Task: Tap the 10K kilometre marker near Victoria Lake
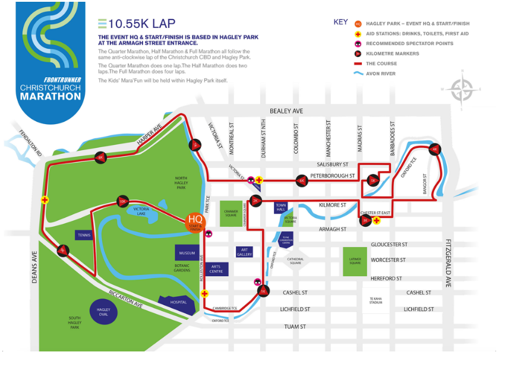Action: [x=123, y=201]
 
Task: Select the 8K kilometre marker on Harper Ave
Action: [x=100, y=157]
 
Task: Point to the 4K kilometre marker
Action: [x=435, y=150]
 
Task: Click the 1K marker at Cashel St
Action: [x=263, y=291]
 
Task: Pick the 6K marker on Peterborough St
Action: [x=302, y=180]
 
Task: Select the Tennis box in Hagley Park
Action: [x=84, y=236]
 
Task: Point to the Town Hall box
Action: [x=281, y=207]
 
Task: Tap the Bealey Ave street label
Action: [x=286, y=111]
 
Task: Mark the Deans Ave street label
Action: [x=34, y=267]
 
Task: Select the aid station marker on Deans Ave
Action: [x=45, y=200]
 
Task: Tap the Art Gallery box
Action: [x=244, y=252]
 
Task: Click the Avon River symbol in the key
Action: [x=358, y=74]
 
